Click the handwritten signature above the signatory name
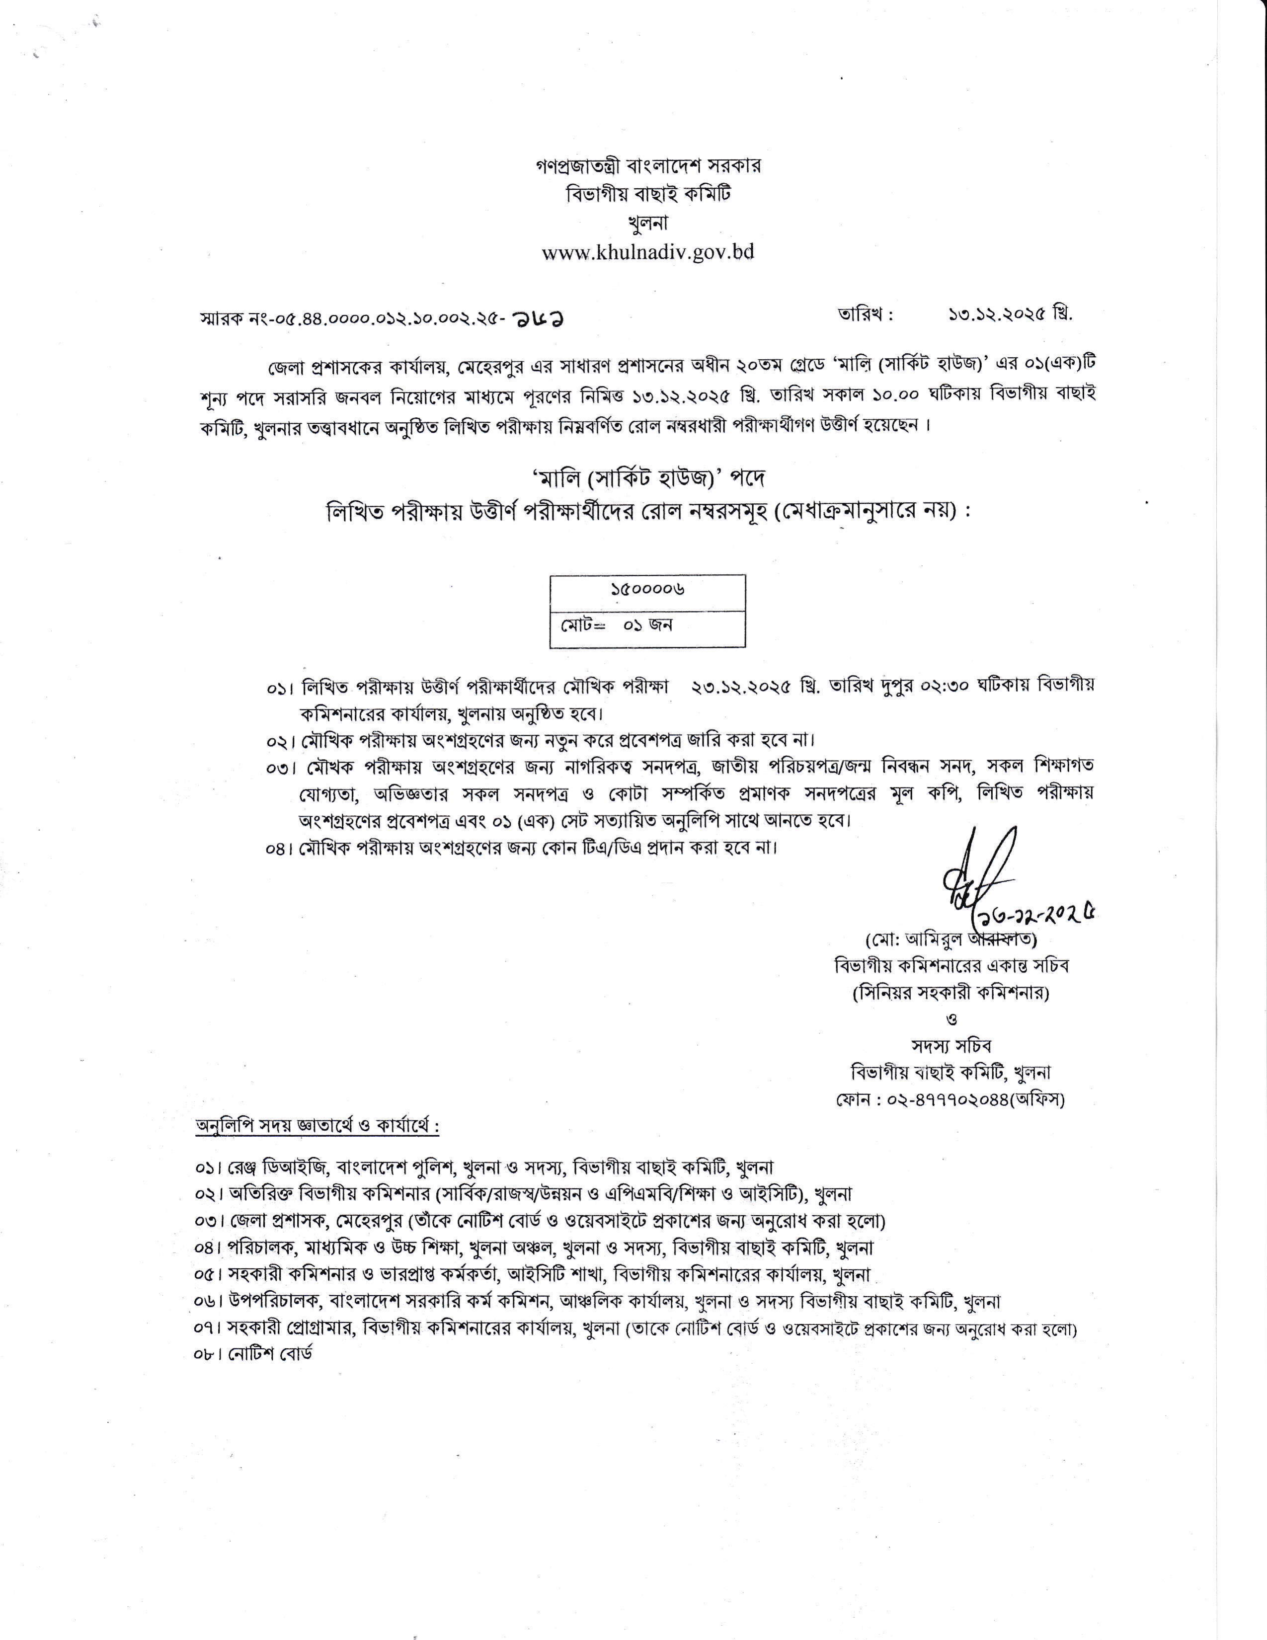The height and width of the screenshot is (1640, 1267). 976,875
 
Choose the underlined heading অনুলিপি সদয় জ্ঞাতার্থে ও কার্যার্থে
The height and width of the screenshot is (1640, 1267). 317,1126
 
